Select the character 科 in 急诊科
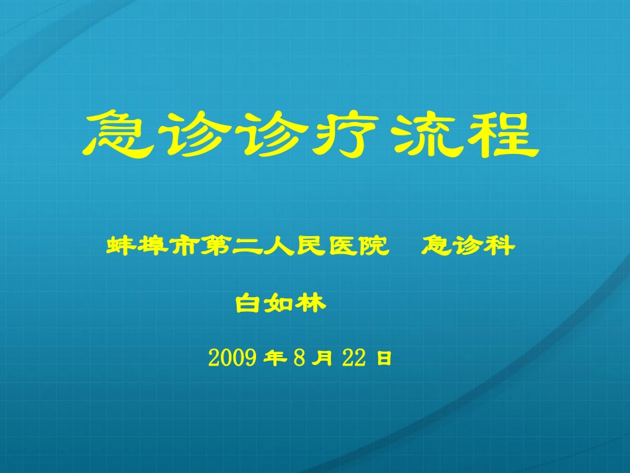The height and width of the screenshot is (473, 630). point(501,247)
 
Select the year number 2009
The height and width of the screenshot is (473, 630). point(232,358)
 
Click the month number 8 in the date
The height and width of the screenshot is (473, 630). point(298,358)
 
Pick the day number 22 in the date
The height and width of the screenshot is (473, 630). point(355,358)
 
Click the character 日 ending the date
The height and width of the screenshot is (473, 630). point(384,359)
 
